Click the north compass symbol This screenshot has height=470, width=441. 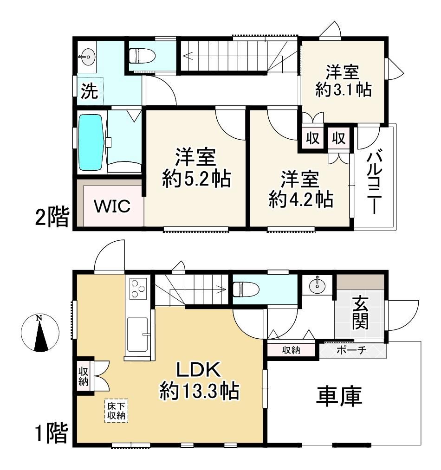pos(40,333)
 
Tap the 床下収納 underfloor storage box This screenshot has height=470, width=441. pos(116,411)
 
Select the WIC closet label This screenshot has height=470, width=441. pos(112,206)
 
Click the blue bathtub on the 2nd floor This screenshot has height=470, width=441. pos(91,143)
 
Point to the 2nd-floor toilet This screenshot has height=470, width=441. pos(142,56)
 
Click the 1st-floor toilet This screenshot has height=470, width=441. pos(246,289)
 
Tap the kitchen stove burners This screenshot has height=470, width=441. pos(138,288)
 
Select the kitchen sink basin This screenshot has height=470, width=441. pos(137,334)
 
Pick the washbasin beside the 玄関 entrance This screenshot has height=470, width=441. pos(318,286)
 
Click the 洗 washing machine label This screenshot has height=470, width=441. pos(90,91)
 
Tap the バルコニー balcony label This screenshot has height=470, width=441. pos(375,183)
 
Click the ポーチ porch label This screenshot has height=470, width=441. pos(351,350)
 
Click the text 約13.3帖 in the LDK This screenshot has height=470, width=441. pos(199,391)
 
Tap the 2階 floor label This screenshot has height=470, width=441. pos(52,216)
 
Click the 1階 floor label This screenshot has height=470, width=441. pos(52,432)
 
